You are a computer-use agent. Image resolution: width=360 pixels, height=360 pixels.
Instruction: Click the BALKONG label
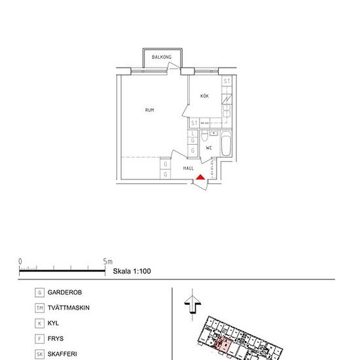point(161,58)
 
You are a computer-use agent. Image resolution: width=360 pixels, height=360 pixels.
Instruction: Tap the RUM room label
point(150,110)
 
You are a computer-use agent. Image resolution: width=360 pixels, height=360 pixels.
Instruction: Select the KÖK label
point(204,96)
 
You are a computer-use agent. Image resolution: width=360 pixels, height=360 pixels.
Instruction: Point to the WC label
point(209,148)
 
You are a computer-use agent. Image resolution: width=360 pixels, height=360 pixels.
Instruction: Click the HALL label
point(189,168)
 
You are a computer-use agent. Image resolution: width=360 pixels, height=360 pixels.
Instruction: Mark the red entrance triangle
point(201,176)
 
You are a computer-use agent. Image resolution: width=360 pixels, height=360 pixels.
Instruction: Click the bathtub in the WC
point(226,144)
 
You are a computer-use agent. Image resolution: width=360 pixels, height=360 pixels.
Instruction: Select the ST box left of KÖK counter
point(194,122)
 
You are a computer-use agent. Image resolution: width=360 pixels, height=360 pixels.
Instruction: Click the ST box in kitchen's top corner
point(226,81)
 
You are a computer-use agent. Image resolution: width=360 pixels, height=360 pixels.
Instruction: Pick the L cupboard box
point(193,133)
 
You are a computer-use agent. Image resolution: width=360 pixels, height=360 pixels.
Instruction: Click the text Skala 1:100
point(132,270)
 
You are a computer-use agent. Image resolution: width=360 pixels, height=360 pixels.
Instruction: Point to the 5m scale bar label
point(108,261)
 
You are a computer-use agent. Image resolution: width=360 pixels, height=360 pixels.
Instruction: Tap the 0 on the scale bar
point(20,261)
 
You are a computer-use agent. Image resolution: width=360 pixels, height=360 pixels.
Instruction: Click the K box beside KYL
point(40,323)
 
